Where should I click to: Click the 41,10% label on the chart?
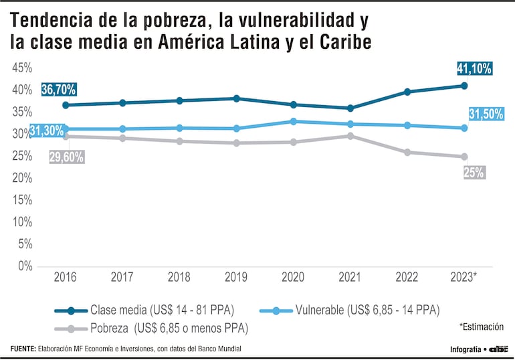pyautogui.click(x=475, y=68)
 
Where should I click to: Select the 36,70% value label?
pyautogui.click(x=59, y=89)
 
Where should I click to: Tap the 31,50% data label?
pyautogui.click(x=486, y=114)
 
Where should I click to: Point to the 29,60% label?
pyautogui.click(x=66, y=157)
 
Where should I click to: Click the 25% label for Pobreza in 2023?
pyautogui.click(x=474, y=173)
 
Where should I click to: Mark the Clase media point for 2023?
pyautogui.click(x=464, y=86)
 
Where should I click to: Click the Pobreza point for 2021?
pyautogui.click(x=350, y=136)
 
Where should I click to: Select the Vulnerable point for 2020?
pyautogui.click(x=294, y=122)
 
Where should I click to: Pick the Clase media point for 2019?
pyautogui.click(x=237, y=98)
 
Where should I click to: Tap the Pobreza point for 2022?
pyautogui.click(x=407, y=153)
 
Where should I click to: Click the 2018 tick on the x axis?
pyautogui.click(x=179, y=277)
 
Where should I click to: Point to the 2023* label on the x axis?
pyautogui.click(x=464, y=277)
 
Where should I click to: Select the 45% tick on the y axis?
pyautogui.click(x=22, y=68)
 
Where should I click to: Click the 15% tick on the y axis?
pyautogui.click(x=22, y=200)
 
